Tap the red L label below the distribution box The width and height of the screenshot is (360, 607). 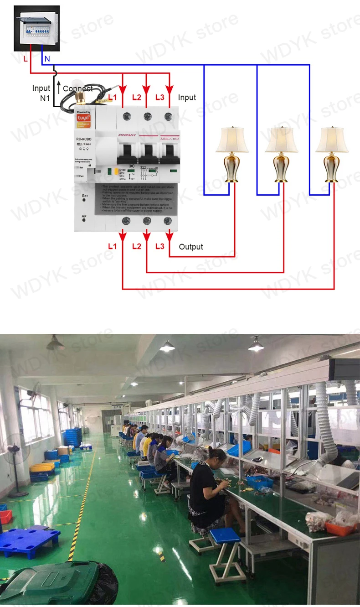click(x=26, y=59)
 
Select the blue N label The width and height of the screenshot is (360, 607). click(x=47, y=59)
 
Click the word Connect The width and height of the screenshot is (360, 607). click(x=77, y=88)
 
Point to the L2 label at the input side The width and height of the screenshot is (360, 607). click(x=137, y=97)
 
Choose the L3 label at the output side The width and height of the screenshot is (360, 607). click(x=159, y=246)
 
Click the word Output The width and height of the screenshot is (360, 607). click(x=191, y=247)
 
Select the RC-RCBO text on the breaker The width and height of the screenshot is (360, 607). click(x=85, y=139)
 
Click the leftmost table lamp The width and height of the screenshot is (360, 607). click(x=232, y=155)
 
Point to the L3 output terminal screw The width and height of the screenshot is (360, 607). click(x=170, y=221)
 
